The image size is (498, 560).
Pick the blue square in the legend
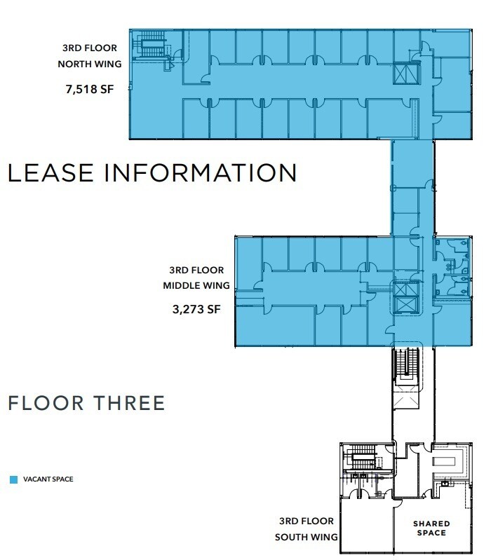tap(13, 480)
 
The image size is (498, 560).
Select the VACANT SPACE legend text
tap(48, 480)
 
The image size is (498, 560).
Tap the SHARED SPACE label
tap(431, 528)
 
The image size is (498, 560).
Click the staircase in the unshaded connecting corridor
tap(406, 364)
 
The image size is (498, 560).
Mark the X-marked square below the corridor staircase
tap(406, 398)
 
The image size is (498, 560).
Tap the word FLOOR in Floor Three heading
tap(46, 403)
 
